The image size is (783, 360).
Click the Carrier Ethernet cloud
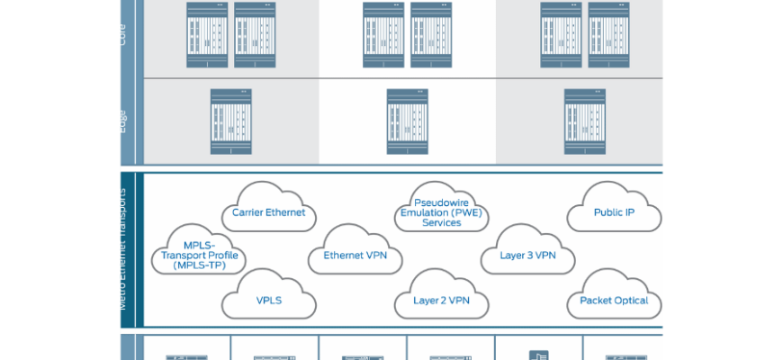click(268, 211)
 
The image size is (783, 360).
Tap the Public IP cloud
click(614, 212)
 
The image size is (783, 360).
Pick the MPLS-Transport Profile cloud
click(199, 255)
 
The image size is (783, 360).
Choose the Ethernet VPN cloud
click(355, 255)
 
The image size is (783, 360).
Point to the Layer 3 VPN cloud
click(527, 255)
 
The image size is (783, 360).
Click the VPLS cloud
click(268, 300)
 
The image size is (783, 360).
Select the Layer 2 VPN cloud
click(441, 300)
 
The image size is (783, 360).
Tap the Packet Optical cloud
click(614, 300)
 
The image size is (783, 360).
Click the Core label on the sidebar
click(123, 34)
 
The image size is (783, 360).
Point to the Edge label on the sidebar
click(123, 121)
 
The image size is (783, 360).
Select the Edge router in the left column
click(229, 121)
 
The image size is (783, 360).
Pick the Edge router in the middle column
click(407, 121)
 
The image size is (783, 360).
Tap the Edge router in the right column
click(584, 121)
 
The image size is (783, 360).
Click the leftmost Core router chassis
click(206, 34)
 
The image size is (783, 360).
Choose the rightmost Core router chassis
click(608, 34)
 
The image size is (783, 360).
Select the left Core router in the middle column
click(383, 34)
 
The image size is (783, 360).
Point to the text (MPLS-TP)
click(199, 265)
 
